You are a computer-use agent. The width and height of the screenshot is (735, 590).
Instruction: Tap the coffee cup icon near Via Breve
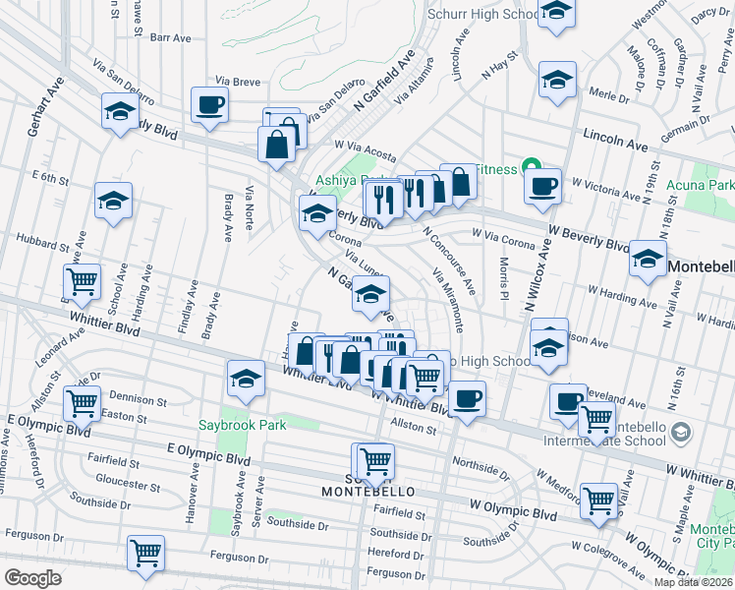(x=210, y=103)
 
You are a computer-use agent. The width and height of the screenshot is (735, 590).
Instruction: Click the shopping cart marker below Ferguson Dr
(x=145, y=554)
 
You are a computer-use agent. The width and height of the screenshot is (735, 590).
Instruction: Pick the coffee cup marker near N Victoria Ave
(x=541, y=186)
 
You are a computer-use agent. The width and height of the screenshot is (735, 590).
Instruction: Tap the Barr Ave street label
(x=170, y=37)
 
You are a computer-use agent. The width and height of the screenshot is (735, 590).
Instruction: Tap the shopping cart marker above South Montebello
(x=374, y=459)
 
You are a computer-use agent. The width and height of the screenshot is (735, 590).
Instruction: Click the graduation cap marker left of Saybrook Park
(x=245, y=378)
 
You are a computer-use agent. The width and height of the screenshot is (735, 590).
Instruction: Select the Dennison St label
(x=132, y=400)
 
